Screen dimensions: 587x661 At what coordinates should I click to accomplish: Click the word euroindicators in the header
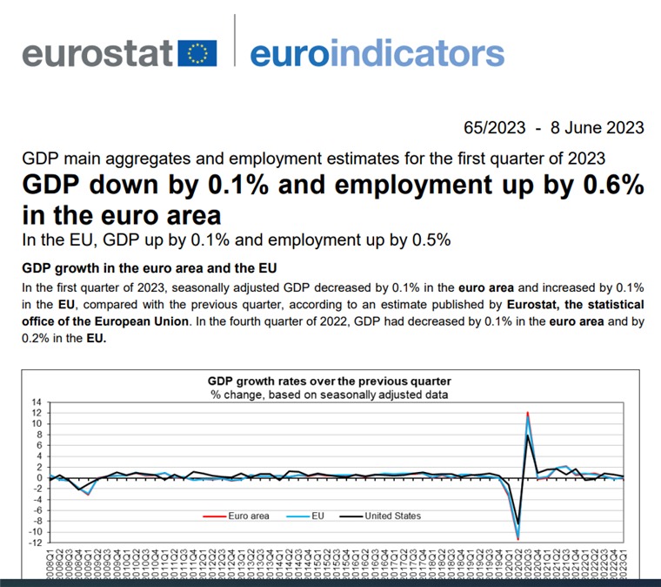coord(377,53)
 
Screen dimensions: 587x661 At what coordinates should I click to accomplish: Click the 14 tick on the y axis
coord(37,403)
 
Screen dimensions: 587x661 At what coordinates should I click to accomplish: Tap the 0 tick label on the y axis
coord(39,478)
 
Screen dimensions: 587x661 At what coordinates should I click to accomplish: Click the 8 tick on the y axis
coord(39,435)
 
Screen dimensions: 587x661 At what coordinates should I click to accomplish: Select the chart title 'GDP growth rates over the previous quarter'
coord(329,381)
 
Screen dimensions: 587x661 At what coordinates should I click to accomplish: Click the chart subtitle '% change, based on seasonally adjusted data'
coord(329,394)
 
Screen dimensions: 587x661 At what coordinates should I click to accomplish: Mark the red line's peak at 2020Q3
coord(528,413)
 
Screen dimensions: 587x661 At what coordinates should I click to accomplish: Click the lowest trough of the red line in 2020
coord(518,540)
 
